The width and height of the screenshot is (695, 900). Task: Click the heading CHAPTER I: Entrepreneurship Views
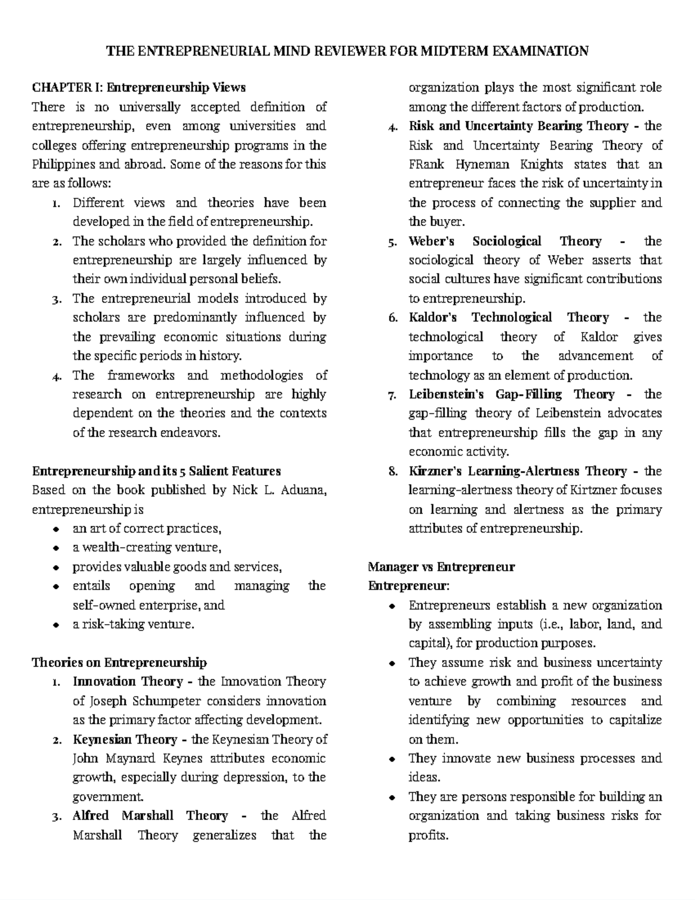coord(139,88)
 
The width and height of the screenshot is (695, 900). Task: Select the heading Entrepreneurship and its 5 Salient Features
coord(156,471)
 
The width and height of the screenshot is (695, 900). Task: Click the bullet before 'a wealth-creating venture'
coord(56,548)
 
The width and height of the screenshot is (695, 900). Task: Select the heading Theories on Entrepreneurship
coord(119,663)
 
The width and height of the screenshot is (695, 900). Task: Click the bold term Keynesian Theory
coord(124,740)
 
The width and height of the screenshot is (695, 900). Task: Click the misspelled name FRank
coord(426,165)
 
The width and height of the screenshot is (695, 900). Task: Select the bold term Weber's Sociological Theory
coord(505,242)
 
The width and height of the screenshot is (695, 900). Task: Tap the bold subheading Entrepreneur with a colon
coord(409,586)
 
